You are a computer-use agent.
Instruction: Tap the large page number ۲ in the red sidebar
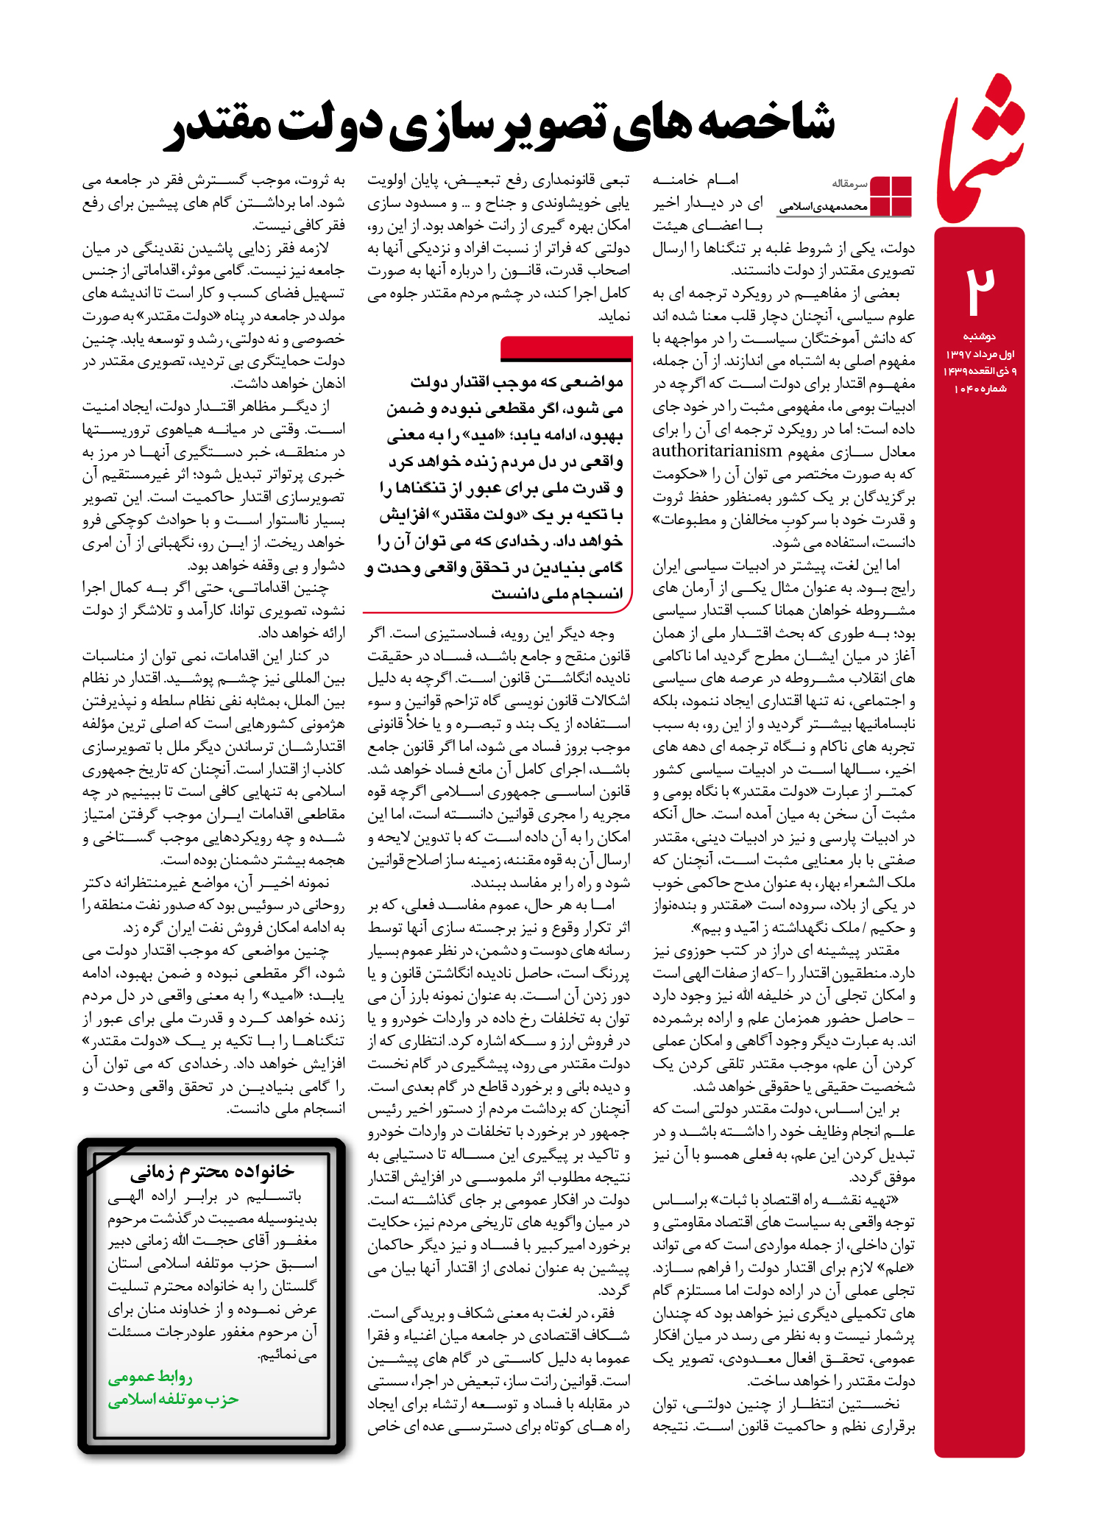tap(980, 290)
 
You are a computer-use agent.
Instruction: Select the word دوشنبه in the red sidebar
tap(979, 336)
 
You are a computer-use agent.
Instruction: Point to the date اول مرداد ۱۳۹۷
tap(980, 354)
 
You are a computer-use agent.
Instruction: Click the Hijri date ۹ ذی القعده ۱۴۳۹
tap(980, 371)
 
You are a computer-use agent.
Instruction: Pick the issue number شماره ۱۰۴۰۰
tap(980, 389)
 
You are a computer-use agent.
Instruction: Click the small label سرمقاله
tap(850, 183)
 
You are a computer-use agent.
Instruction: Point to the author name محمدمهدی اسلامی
tap(824, 207)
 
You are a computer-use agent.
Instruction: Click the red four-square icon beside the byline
tap(891, 196)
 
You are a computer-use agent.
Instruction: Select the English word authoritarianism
tap(717, 451)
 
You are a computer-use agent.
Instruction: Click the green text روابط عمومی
tap(151, 1377)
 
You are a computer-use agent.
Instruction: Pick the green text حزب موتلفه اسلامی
tap(174, 1399)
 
